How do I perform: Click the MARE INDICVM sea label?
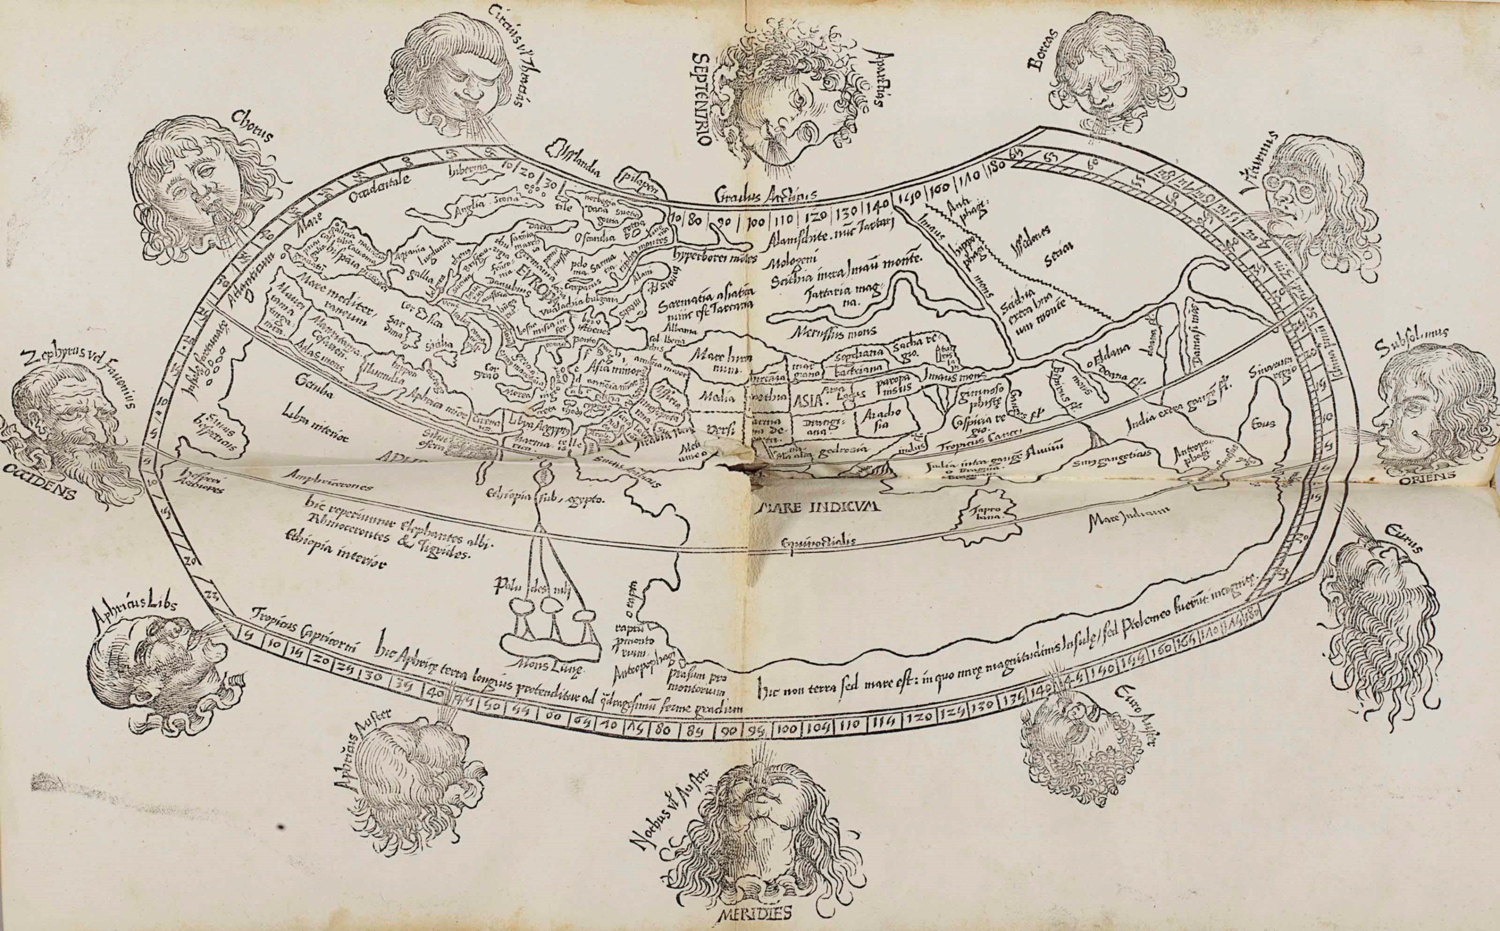pos(817,507)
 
